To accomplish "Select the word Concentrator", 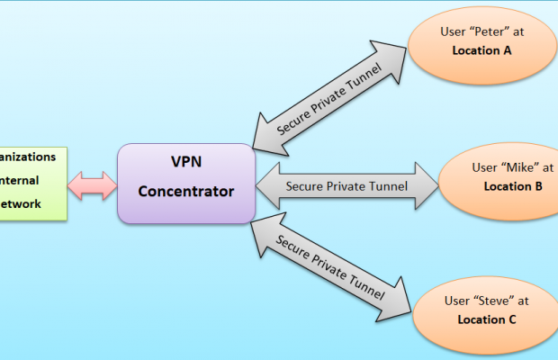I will [186, 191].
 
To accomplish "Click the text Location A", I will [481, 51].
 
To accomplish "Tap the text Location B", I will [512, 186].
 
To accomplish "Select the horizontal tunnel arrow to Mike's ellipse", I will [346, 186].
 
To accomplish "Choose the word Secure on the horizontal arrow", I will [305, 186].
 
